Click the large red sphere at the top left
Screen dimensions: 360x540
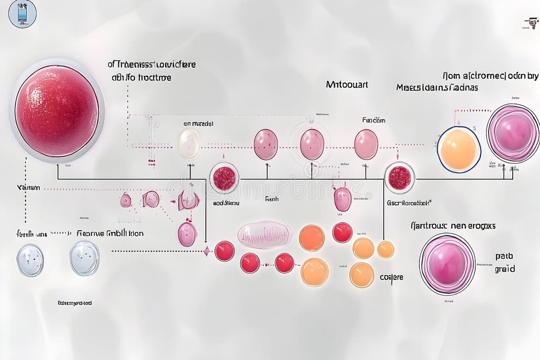[57, 111]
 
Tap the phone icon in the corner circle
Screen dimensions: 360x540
[22, 14]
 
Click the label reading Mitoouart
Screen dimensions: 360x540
[347, 84]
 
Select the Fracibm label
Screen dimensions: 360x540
[373, 120]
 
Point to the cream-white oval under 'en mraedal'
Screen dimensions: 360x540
[189, 144]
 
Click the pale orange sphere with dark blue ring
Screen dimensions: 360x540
[459, 149]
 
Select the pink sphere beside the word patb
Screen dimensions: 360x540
[447, 264]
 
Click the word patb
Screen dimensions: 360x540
[504, 256]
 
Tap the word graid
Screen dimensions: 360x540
[504, 269]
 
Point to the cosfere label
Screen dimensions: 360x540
[391, 277]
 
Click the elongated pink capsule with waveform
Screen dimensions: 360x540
[265, 235]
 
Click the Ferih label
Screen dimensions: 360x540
[271, 199]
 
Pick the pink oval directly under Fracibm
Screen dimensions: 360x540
[366, 144]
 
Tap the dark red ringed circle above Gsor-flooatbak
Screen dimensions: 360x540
[400, 178]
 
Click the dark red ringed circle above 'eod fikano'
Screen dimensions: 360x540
[224, 178]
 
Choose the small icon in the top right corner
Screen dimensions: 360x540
[528, 23]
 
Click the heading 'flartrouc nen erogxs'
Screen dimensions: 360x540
[452, 225]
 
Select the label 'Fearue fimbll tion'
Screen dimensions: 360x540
[110, 233]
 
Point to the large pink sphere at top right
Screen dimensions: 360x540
[512, 133]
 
